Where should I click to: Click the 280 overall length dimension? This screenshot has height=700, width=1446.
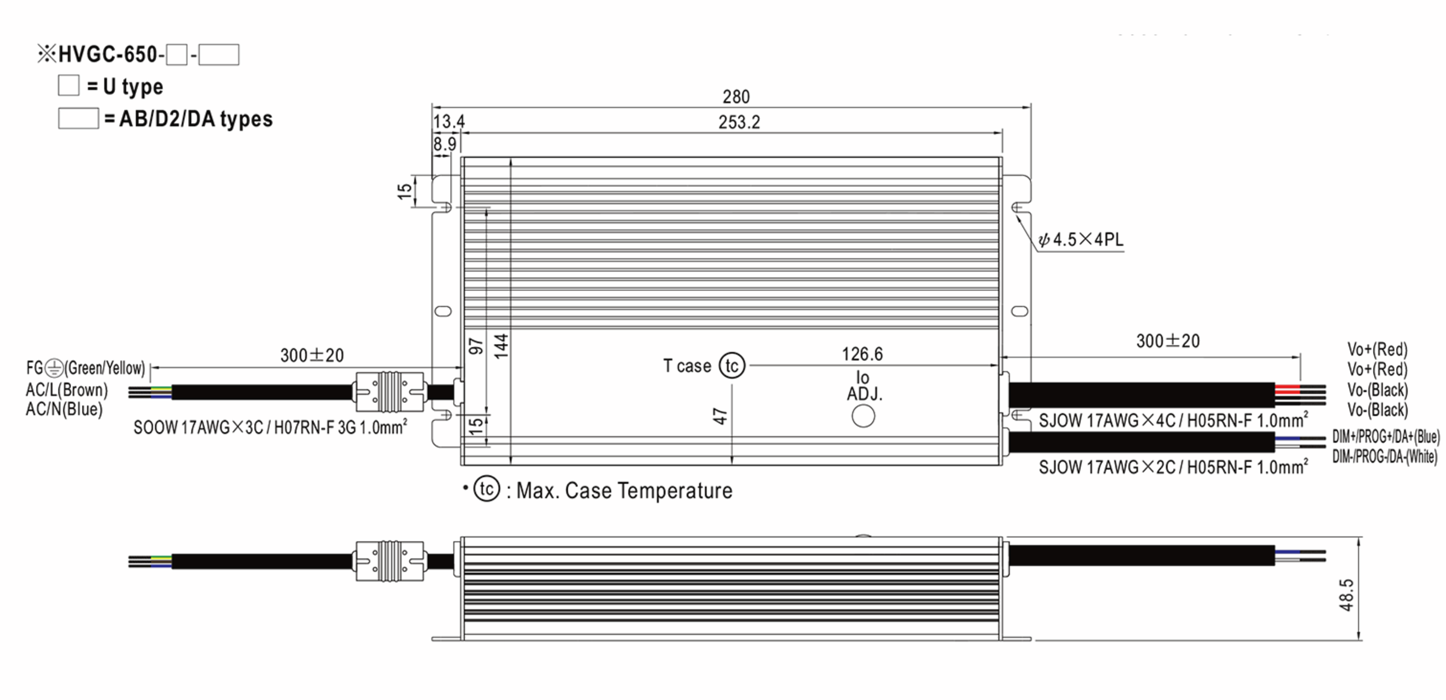point(736,97)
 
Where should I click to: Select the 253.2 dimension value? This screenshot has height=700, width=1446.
point(739,122)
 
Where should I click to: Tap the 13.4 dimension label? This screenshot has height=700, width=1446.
point(448,122)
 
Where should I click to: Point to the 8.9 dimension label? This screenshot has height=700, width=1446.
point(444,144)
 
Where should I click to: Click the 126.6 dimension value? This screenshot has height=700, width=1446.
point(862,354)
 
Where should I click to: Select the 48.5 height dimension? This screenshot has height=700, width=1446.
point(1346,595)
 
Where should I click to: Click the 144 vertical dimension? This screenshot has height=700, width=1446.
point(501,346)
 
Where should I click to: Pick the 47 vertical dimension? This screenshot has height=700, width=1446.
point(721,416)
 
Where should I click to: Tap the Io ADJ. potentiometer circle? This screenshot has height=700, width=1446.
point(863,416)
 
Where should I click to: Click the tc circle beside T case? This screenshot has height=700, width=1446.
point(732,366)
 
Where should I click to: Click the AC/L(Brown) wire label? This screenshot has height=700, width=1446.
point(66,390)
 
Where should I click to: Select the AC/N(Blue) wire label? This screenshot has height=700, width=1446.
point(64,410)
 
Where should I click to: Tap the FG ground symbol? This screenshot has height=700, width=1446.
point(54,367)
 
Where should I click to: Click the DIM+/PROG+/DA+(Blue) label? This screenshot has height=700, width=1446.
point(1385,437)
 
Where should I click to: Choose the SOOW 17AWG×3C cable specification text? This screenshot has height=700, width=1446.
point(270,428)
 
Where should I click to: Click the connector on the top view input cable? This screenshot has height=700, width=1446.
point(389,392)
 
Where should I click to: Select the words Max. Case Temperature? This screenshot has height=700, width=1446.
point(624,491)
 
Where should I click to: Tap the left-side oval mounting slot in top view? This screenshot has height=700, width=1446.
point(443,311)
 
